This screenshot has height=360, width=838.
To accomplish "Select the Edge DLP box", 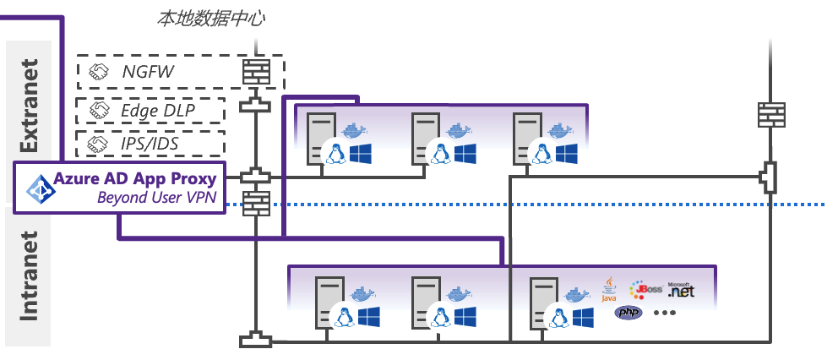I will [x=151, y=111].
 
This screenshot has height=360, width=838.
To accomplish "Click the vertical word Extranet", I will [x=30, y=106].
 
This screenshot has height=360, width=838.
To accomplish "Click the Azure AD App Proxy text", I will [x=134, y=178].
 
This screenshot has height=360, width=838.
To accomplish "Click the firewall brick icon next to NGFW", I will [x=255, y=72].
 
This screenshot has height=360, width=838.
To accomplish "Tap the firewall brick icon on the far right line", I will [x=770, y=114].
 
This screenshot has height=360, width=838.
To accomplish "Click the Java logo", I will [x=608, y=289].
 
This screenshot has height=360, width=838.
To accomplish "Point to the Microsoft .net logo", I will [x=682, y=290].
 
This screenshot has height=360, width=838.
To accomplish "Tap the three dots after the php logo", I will [x=664, y=314].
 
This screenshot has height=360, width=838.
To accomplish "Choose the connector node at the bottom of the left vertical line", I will [x=255, y=341].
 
